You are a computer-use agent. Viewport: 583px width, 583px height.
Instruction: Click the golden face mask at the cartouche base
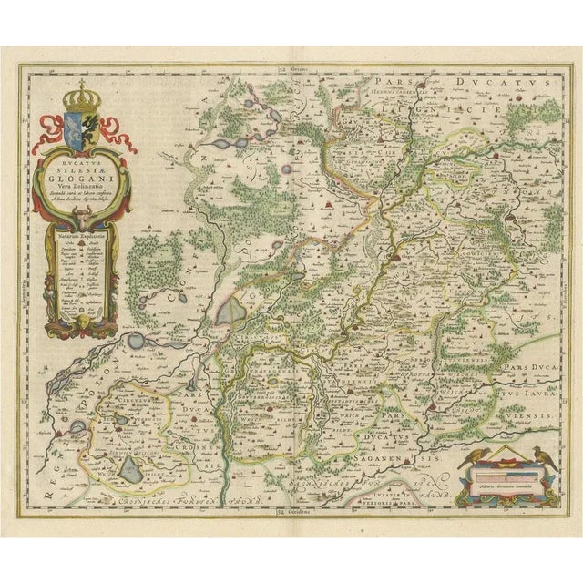pos(83,322)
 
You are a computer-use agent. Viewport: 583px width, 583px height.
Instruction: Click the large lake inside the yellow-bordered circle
pos(133,469)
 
